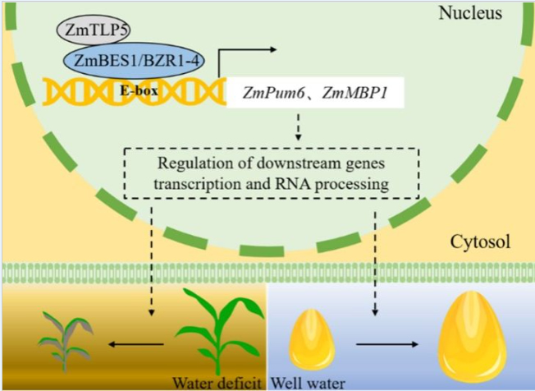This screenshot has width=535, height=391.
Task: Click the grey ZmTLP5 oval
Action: [x=94, y=30]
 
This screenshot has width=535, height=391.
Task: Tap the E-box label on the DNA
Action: [x=139, y=91]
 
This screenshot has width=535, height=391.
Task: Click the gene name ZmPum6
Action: [x=273, y=93]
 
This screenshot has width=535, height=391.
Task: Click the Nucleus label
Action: [x=470, y=13]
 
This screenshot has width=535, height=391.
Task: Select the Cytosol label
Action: [x=480, y=241]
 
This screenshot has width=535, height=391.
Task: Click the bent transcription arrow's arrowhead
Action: [x=272, y=50]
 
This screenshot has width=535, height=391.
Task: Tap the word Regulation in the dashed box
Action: [x=189, y=164]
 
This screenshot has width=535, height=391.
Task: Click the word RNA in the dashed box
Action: [x=293, y=184]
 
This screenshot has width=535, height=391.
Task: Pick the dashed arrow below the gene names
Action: [x=299, y=126]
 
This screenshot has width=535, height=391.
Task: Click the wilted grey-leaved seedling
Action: [x=65, y=341]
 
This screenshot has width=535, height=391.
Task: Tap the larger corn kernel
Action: [x=472, y=337]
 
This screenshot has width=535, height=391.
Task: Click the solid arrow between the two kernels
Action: [x=387, y=344]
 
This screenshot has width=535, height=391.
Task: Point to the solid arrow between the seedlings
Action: [x=136, y=344]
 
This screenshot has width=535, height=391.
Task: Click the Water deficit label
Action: [x=217, y=383]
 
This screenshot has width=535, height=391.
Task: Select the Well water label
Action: [x=308, y=383]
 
